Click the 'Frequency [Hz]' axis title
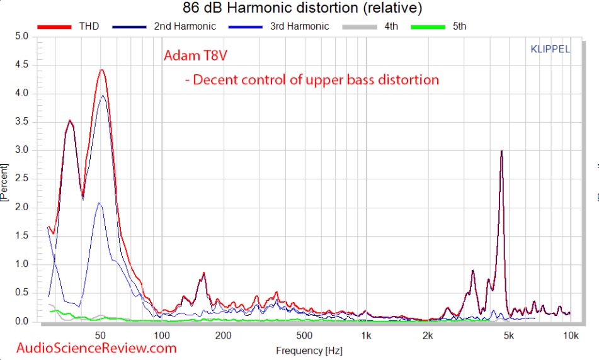pos(299,349)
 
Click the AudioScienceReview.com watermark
pos(96,347)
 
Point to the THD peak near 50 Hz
pos(101,70)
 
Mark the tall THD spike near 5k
pos(501,151)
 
